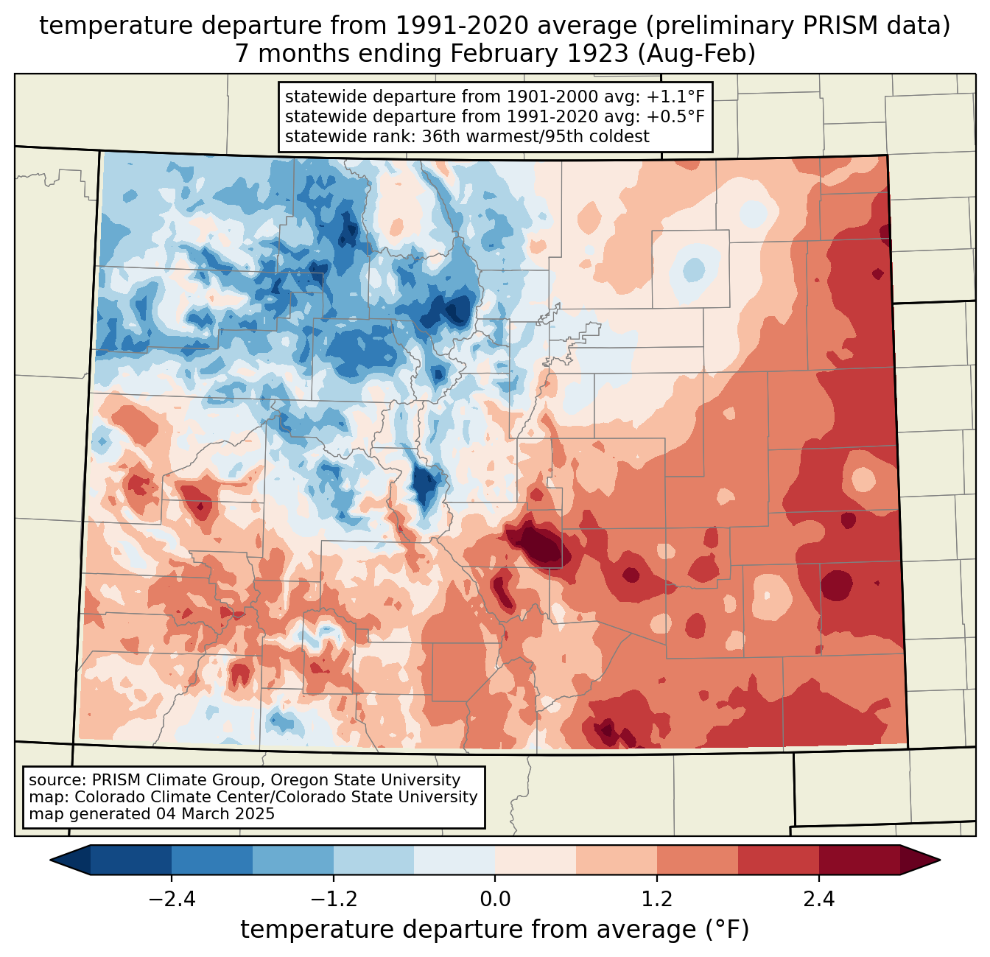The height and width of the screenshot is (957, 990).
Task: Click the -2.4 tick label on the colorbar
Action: click(x=171, y=900)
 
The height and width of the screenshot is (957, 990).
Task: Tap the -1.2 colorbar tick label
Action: click(x=333, y=900)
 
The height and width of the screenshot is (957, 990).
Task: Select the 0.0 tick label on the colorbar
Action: click(x=495, y=900)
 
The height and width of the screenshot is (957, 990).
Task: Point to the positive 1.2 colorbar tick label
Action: click(x=657, y=900)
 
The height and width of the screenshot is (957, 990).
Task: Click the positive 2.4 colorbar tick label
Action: click(x=819, y=900)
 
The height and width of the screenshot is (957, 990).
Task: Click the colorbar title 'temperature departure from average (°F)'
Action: click(x=495, y=930)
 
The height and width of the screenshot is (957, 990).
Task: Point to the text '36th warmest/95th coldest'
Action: click(x=536, y=136)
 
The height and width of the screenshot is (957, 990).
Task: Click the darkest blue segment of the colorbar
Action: click(x=131, y=860)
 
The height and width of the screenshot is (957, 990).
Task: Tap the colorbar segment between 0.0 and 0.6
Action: click(x=536, y=860)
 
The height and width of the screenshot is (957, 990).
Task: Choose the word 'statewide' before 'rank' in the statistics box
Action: click(x=320, y=136)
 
